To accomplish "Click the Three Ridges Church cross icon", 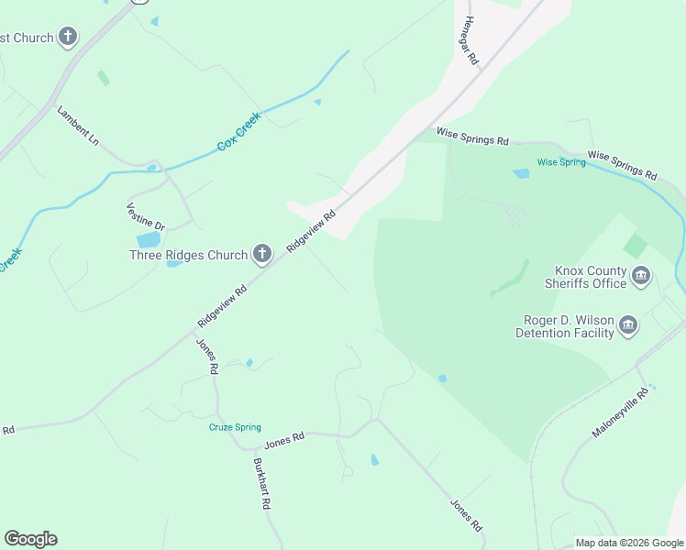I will (x=262, y=254).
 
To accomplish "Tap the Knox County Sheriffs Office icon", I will (x=641, y=275).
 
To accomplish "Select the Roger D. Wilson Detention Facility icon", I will (x=628, y=324).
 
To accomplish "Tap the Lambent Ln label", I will (x=77, y=126).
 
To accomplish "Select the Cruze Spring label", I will (x=235, y=427).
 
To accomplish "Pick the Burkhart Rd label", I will (x=261, y=483).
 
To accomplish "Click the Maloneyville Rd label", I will (x=620, y=412).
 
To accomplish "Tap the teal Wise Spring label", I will (x=560, y=162).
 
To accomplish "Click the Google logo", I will (x=30, y=539).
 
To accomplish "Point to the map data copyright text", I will (x=629, y=543).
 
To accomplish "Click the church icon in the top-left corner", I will (x=67, y=38).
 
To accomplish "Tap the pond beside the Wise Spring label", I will (x=521, y=173).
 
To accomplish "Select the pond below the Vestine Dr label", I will (x=149, y=240).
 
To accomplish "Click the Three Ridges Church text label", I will (x=188, y=255).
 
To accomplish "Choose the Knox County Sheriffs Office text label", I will (x=591, y=277).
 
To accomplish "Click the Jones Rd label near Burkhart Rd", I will (x=283, y=443).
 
